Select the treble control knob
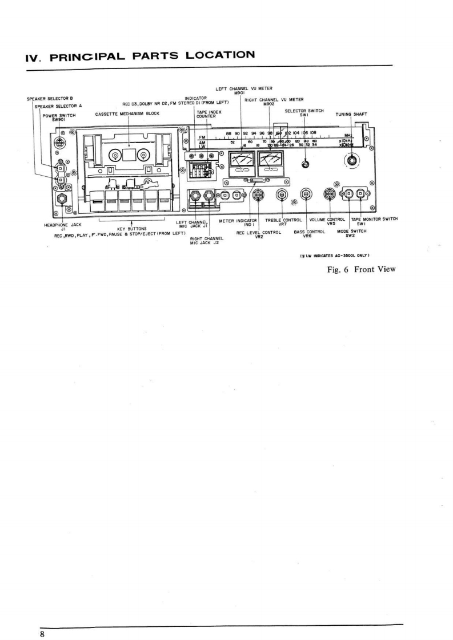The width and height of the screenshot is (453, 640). pyautogui.click(x=282, y=195)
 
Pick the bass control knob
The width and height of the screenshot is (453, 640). pyautogui.click(x=306, y=195)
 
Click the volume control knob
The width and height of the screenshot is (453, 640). pyautogui.click(x=330, y=195)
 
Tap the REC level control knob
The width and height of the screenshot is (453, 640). pyautogui.click(x=258, y=196)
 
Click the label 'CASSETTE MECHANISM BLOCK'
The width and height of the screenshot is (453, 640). pyautogui.click(x=127, y=114)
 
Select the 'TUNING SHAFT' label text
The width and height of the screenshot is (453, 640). pyautogui.click(x=351, y=114)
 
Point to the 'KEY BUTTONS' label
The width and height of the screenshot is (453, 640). pyautogui.click(x=133, y=229)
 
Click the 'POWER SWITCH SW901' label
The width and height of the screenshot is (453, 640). pyautogui.click(x=59, y=117)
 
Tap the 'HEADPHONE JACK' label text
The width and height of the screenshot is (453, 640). pyautogui.click(x=63, y=225)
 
